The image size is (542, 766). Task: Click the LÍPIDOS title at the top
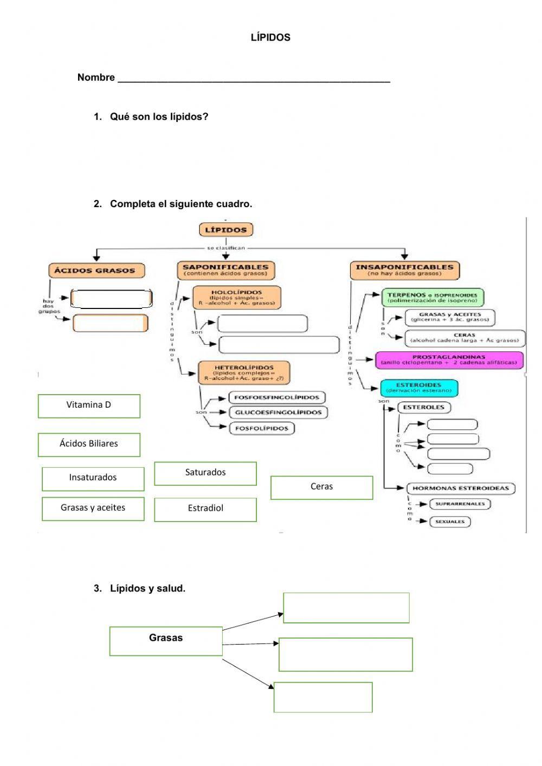270,37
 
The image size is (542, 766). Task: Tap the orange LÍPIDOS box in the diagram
225,230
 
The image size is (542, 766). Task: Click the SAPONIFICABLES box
225,270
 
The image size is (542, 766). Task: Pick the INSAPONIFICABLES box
404,270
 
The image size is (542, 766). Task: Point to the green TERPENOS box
433,298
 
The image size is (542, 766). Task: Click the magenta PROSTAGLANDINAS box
449,360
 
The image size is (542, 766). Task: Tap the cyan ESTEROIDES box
419,388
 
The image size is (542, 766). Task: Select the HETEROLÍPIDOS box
243,373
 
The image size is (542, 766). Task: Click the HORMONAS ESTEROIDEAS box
461,488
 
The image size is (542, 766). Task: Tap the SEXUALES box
450,522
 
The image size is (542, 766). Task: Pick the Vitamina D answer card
89,405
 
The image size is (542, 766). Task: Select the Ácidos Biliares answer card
89,444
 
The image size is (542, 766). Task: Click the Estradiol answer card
205,509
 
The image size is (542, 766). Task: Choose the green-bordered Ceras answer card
321,487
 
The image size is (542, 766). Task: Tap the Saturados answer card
205,473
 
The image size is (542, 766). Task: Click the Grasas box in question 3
166,641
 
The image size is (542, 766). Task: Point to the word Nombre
96,78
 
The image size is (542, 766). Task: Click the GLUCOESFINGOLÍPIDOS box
278,413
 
